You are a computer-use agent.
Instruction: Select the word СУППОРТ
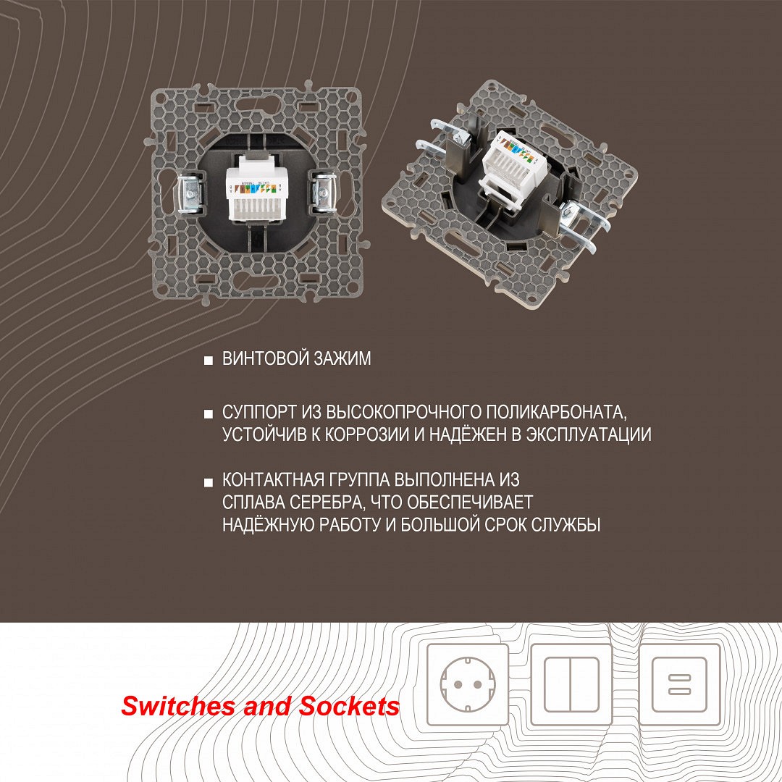258,413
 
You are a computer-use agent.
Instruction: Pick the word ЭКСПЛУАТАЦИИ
589,434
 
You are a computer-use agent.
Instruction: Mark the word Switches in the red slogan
180,706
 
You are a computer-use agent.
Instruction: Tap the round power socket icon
468,684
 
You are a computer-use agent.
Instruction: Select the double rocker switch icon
571,684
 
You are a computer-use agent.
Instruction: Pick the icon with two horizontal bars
680,684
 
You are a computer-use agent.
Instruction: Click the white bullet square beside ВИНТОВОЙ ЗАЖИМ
209,360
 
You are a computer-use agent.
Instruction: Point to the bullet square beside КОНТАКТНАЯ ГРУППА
209,482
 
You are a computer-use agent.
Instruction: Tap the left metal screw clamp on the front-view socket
189,192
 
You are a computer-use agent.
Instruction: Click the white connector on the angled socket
509,169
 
